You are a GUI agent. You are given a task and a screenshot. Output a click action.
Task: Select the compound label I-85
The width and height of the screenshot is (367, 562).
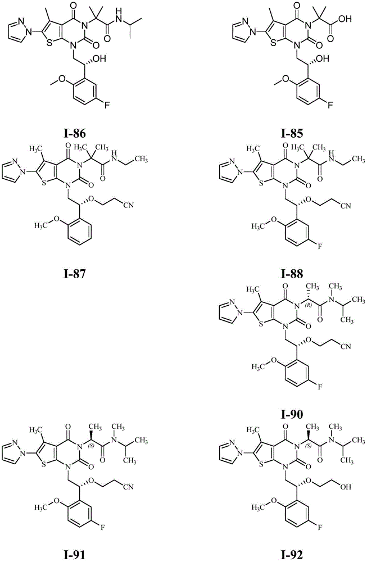pyautogui.click(x=292, y=134)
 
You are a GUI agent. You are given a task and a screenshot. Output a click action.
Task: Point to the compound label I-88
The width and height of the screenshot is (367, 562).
pyautogui.click(x=292, y=274)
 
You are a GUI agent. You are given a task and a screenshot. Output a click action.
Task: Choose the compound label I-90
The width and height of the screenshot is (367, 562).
pyautogui.click(x=292, y=414)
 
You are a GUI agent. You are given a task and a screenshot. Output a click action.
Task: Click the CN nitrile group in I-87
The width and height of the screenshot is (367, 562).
pyautogui.click(x=130, y=205)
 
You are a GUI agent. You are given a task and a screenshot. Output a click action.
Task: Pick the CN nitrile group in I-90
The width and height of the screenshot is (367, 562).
pyautogui.click(x=346, y=346)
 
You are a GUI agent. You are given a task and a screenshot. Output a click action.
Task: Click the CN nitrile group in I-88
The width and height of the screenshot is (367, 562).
pyautogui.click(x=346, y=205)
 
